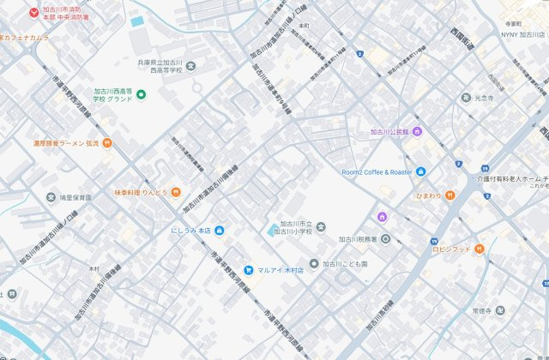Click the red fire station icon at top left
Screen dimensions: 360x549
[x=33, y=13]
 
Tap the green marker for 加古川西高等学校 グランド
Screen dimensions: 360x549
[x=141, y=93]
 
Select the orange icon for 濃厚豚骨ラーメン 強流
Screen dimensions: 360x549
[x=106, y=142]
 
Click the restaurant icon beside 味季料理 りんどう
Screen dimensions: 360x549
[x=174, y=192]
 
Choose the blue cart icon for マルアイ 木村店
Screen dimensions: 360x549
[x=248, y=270]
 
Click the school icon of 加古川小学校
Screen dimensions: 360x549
[x=321, y=226]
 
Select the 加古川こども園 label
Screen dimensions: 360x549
[x=344, y=264]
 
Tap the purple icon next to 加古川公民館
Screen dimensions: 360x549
[x=417, y=131]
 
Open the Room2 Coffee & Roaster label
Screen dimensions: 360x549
[x=377, y=171]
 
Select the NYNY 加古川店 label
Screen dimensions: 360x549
[x=523, y=35]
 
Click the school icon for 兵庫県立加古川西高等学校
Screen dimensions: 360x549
[x=190, y=67]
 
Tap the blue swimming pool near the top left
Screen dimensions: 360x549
[x=137, y=21]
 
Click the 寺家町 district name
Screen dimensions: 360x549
[x=513, y=24]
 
